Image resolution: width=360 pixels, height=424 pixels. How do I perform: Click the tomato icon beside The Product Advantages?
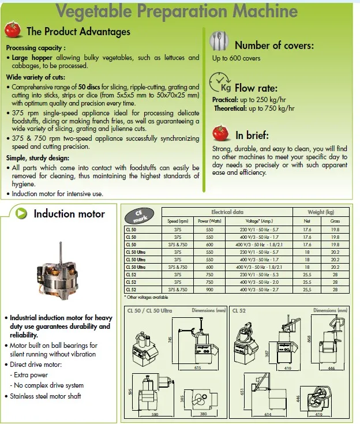(14, 29)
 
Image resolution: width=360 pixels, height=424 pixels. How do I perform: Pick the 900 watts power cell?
(209, 290)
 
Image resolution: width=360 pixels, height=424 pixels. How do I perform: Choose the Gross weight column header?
(335, 221)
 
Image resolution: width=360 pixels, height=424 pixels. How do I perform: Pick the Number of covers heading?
(274, 45)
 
